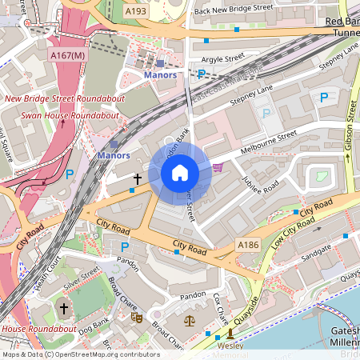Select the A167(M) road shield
[66, 55]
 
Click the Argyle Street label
[222, 58]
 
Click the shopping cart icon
[219, 167]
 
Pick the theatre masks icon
[137, 318]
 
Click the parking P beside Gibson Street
[324, 98]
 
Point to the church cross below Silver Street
[63, 307]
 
